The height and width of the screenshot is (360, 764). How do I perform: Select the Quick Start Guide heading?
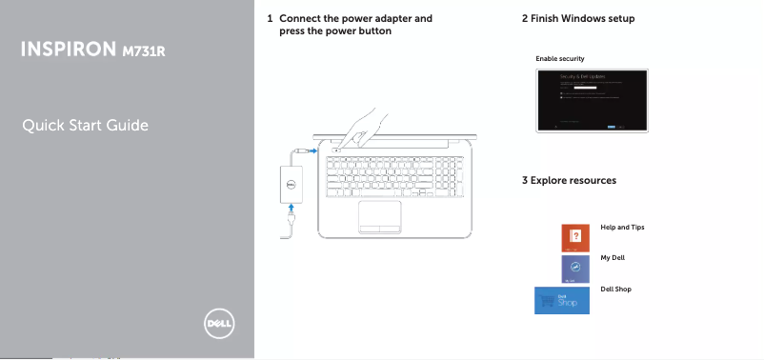(87, 126)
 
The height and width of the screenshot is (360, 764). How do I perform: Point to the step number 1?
(271, 18)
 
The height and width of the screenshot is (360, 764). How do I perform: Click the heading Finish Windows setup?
(584, 18)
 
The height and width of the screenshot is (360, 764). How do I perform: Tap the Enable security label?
(559, 59)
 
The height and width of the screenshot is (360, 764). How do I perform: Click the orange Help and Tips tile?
(574, 237)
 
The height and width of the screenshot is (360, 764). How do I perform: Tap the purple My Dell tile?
(574, 269)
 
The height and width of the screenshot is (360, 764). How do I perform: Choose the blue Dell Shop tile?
(560, 300)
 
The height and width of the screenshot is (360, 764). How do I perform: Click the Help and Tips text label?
(622, 228)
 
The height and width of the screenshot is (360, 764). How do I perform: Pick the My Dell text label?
(613, 258)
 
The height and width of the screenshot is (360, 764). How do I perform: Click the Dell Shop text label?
(616, 288)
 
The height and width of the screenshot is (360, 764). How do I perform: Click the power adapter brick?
(292, 183)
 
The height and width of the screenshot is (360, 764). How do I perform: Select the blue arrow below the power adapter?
(292, 211)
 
